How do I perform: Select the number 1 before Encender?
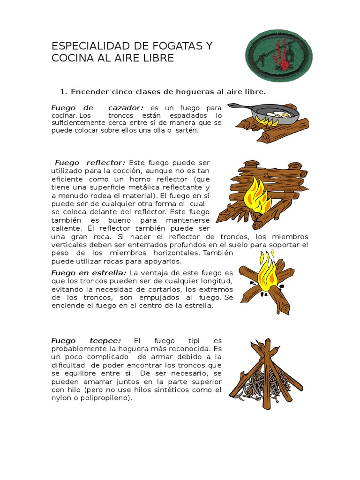click(63, 92)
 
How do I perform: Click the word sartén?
click(187, 131)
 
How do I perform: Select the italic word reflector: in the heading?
click(106, 163)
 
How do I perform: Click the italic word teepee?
click(106, 341)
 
